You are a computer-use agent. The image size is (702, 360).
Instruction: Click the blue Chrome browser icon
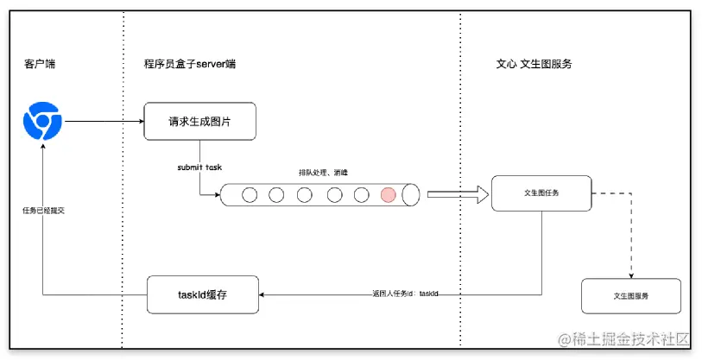tap(42, 122)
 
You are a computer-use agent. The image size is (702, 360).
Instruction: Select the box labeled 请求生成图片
tap(199, 122)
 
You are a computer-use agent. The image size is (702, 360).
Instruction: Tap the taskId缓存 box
tap(203, 294)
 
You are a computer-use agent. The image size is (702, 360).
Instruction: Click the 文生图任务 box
tap(541, 193)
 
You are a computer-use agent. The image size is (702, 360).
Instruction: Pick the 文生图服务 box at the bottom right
tap(630, 296)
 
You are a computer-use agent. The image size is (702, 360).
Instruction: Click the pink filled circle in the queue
tap(388, 194)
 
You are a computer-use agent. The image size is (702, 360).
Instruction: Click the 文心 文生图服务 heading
tap(534, 65)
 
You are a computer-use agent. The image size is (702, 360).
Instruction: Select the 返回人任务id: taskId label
tap(401, 294)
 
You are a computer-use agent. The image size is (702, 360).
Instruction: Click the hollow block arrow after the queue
tap(452, 195)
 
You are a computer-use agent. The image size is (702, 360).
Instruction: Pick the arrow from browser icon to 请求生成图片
tap(104, 122)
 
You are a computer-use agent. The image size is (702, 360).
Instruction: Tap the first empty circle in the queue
tap(250, 194)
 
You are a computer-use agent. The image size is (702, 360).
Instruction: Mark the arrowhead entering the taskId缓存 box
tap(264, 295)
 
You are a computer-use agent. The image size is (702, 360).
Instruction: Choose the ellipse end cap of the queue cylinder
tap(411, 195)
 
